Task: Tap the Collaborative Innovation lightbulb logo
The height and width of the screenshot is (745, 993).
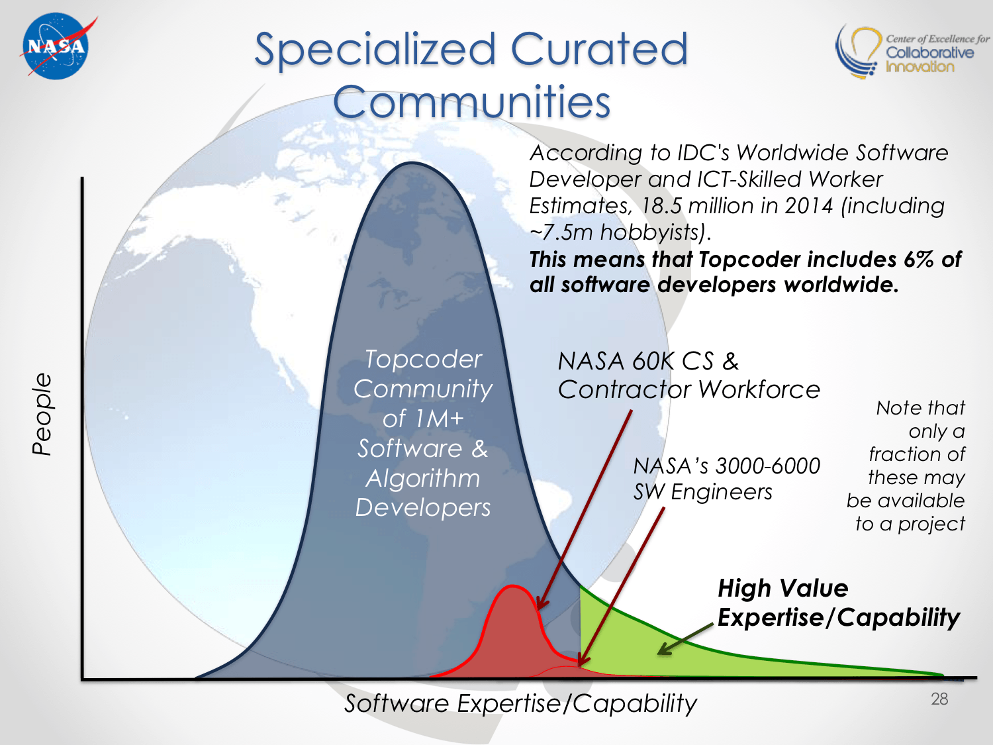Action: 858,52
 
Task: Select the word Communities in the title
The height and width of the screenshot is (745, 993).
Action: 472,102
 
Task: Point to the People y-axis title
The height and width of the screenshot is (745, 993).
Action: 42,414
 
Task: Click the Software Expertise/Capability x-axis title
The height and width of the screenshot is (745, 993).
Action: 520,703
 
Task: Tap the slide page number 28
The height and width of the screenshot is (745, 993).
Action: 939,699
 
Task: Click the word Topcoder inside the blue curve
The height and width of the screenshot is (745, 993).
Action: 424,360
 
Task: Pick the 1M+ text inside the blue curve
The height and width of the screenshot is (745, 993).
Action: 444,418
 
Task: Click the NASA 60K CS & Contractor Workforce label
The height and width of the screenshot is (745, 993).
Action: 688,375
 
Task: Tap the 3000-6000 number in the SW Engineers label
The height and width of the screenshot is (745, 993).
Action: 768,466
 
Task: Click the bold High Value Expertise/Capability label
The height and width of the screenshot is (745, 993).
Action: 838,603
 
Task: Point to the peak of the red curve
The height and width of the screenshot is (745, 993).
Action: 512,586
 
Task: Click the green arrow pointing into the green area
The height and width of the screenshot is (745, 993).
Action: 685,638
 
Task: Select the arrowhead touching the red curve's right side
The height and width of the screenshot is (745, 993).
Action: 542,605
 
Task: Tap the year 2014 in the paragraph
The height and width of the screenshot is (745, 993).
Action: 808,206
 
